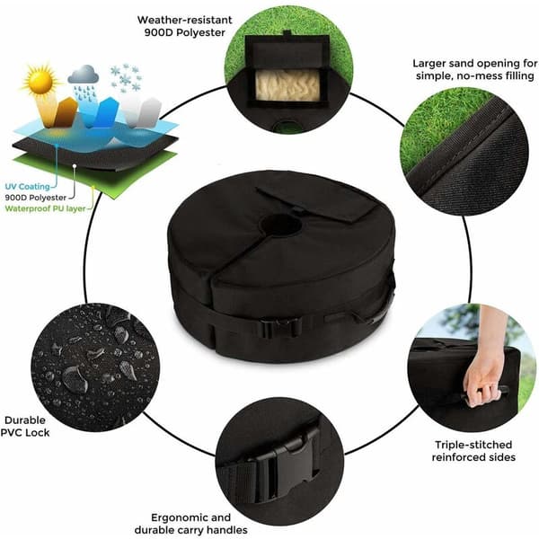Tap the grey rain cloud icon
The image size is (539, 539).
[x=84, y=75]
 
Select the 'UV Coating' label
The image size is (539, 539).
[x=28, y=187]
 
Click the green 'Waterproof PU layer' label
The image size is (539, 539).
[x=46, y=208]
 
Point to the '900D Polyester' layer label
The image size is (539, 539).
[x=35, y=198]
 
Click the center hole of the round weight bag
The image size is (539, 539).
[x=280, y=225]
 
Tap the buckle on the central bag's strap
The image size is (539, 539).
[x=281, y=328]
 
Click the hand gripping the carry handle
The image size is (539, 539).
[x=482, y=375]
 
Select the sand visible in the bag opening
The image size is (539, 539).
[x=287, y=85]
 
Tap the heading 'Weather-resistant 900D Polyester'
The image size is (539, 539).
[x=184, y=26]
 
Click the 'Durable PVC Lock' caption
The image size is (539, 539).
[x=25, y=426]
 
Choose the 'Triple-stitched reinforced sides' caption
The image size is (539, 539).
[x=473, y=451]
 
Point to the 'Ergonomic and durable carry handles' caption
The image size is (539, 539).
[x=191, y=524]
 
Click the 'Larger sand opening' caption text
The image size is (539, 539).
[x=474, y=69]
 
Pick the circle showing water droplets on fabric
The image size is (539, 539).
[x=95, y=367]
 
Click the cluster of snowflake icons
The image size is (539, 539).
[x=126, y=77]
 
